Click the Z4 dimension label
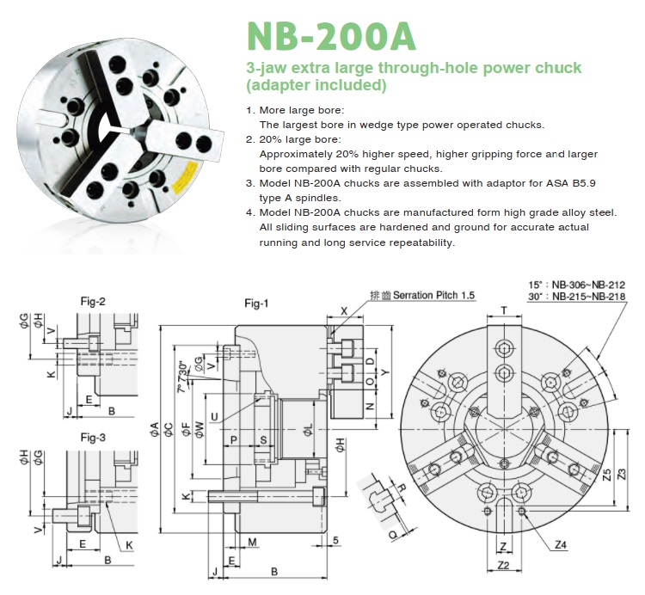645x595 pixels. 561,544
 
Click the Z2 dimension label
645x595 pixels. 504,565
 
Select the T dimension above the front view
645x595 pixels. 503,309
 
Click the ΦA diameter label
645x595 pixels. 154,426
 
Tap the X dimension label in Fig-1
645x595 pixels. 344,310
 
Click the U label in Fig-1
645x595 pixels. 213,416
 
